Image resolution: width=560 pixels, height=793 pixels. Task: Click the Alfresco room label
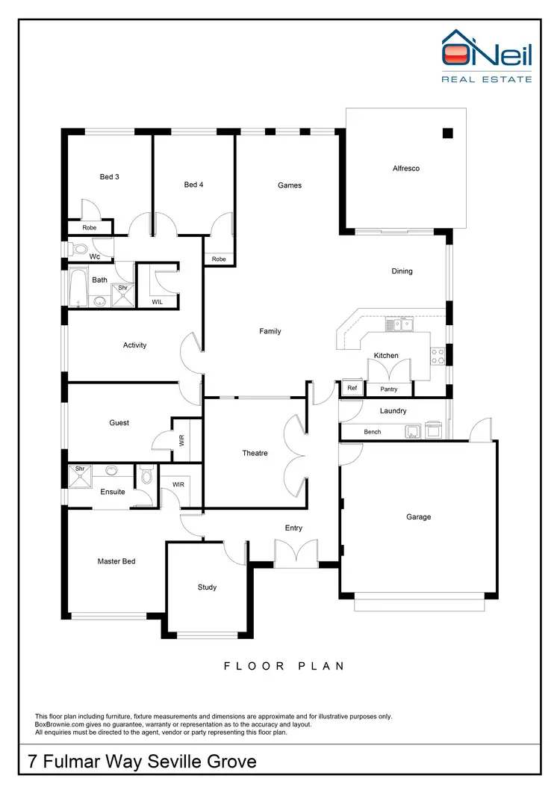[x=405, y=168]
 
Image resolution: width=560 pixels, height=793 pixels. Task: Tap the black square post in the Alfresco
[x=447, y=133]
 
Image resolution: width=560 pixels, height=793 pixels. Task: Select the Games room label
[x=290, y=185]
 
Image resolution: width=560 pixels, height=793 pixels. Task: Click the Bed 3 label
[x=110, y=177]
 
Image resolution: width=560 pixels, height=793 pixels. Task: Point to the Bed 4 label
[x=193, y=185]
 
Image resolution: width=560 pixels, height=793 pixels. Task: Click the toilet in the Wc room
[x=79, y=248]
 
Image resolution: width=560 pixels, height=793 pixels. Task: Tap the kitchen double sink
[x=397, y=324]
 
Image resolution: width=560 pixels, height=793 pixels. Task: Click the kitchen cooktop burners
[x=438, y=357]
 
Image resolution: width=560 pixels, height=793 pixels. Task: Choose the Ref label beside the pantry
[x=352, y=389]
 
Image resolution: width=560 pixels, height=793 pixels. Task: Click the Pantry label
[x=389, y=389]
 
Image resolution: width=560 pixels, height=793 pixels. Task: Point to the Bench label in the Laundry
[x=373, y=432]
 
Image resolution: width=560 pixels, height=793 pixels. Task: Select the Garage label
[x=418, y=517]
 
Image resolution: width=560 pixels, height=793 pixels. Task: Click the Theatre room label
[x=255, y=454]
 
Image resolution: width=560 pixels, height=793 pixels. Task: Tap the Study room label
[x=207, y=587]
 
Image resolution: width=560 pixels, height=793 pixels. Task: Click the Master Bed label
[x=116, y=561]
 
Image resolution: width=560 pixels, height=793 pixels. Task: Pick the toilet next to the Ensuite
[x=146, y=475]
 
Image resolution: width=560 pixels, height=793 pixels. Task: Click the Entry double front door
[x=296, y=555]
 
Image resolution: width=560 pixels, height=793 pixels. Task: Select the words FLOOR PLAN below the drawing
[x=284, y=666]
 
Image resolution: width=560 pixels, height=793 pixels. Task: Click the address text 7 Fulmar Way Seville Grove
[x=142, y=762]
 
